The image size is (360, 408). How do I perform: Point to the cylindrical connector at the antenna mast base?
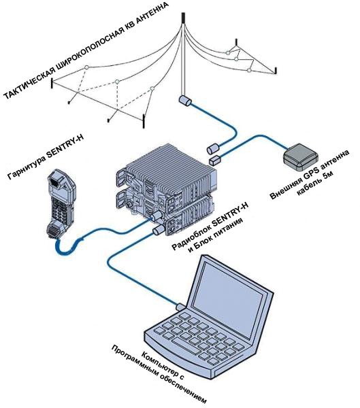[184, 101]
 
